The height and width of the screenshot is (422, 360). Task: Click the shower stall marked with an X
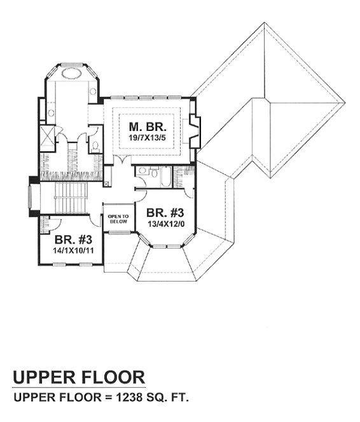click(x=46, y=135)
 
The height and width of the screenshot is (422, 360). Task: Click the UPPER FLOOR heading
click(x=78, y=378)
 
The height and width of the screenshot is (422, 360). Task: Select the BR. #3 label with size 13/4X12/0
click(x=165, y=212)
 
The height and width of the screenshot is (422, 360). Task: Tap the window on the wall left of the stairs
click(x=31, y=198)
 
